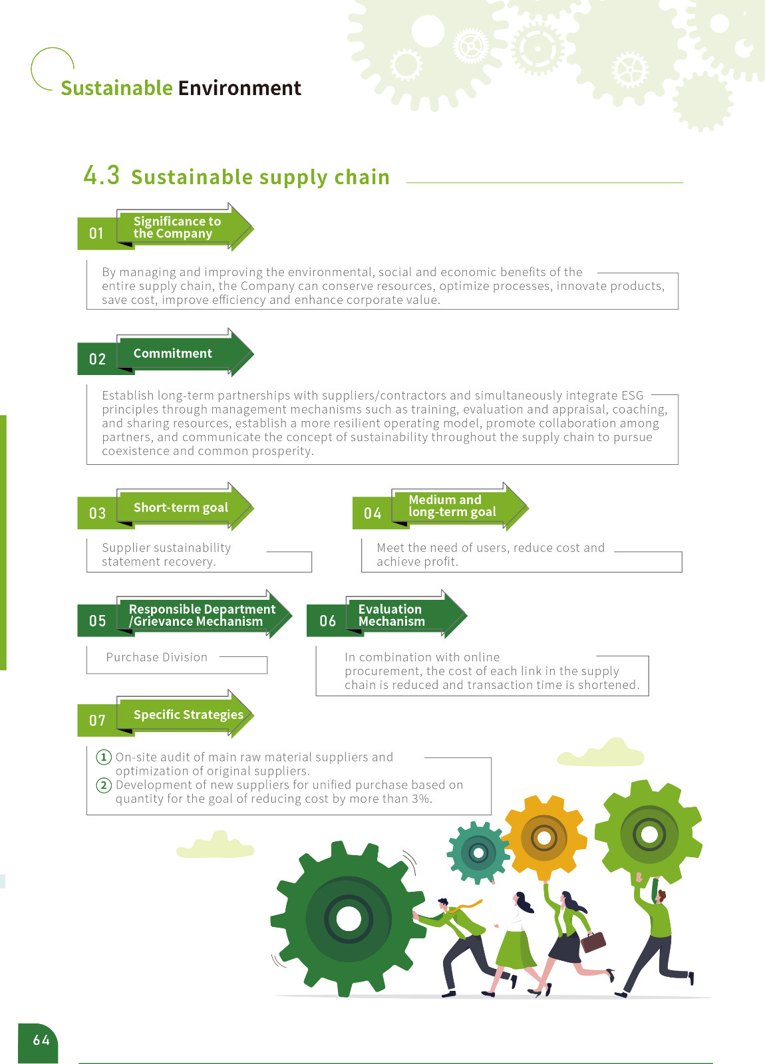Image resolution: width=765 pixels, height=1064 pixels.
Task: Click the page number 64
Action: tap(41, 1040)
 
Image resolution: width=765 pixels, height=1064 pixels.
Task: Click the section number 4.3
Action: tap(102, 176)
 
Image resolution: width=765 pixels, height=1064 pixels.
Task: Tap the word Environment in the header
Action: tap(239, 88)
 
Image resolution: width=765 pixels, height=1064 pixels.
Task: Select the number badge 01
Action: tap(97, 233)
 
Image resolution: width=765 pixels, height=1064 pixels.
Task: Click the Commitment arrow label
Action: tap(173, 353)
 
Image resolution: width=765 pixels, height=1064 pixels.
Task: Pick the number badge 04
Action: tap(373, 513)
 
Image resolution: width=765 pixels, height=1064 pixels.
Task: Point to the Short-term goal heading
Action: tap(180, 507)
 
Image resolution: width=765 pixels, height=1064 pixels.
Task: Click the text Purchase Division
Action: tap(157, 657)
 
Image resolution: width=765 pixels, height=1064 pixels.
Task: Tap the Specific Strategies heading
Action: tap(188, 714)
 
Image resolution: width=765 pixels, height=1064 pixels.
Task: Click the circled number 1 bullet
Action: tap(104, 757)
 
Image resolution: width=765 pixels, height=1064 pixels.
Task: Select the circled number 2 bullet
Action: tap(104, 785)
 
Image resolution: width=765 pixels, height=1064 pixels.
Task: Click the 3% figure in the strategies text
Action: tap(420, 799)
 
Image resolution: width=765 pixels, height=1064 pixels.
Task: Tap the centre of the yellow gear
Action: tap(543, 837)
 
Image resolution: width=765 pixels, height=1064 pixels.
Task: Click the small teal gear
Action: tap(478, 852)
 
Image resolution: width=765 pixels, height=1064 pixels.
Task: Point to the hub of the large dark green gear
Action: tap(348, 919)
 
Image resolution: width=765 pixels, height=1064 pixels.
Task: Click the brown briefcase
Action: tap(593, 942)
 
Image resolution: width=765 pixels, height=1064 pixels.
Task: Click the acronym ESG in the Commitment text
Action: tap(632, 395)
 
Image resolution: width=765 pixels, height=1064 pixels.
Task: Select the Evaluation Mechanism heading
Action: tap(391, 615)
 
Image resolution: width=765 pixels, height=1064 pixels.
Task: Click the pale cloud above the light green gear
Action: tap(603, 753)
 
